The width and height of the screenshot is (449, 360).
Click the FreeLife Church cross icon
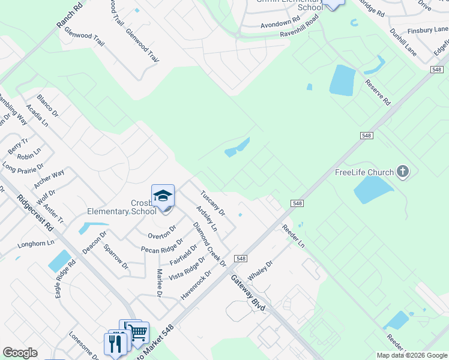[x=403, y=172]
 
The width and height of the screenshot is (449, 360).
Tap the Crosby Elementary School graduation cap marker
[x=163, y=196]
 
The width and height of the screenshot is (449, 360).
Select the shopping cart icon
[x=139, y=332]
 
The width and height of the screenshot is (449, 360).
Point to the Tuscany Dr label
[x=212, y=204]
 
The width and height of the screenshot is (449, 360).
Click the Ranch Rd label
[x=69, y=16]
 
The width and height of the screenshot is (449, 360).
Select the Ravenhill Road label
[x=299, y=28]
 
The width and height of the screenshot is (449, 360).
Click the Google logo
[x=20, y=353]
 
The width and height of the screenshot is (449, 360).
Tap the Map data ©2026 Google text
[x=412, y=355]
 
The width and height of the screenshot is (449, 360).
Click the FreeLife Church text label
[x=364, y=173]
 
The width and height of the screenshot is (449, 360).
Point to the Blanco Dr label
[x=48, y=105]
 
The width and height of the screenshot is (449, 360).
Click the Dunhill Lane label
[x=402, y=41]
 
